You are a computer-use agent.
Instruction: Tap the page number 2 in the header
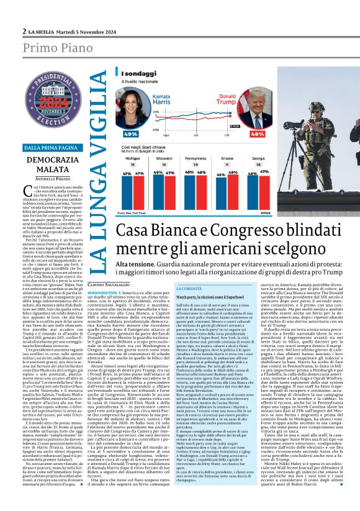click(x=24, y=30)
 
